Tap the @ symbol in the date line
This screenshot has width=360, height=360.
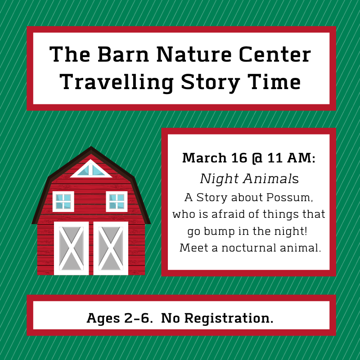pyautogui.click(x=257, y=158)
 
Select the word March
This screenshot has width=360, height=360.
pyautogui.click(x=204, y=158)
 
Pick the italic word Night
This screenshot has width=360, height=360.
pyautogui.click(x=219, y=179)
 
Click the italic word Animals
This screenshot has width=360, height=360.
pyautogui.click(x=271, y=179)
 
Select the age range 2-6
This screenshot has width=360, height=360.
pyautogui.click(x=137, y=318)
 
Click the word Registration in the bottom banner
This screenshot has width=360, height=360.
pyautogui.click(x=229, y=319)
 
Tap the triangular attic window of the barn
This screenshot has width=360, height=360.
pyautogui.click(x=91, y=170)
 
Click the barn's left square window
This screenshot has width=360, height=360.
pyautogui.click(x=63, y=201)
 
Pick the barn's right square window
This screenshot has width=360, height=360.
pyautogui.click(x=117, y=201)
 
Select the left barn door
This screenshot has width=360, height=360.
pyautogui.click(x=72, y=248)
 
